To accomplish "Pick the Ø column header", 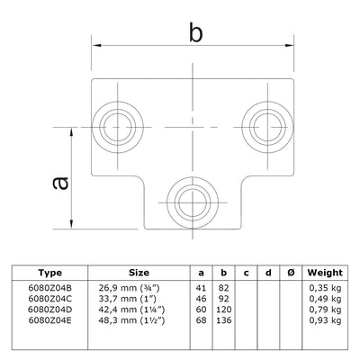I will click(x=287, y=273).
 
